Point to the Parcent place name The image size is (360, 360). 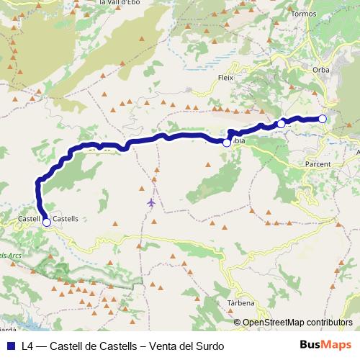pyautogui.click(x=317, y=164)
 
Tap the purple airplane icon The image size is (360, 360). pyautogui.click(x=150, y=202)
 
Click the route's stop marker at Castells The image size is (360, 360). pyautogui.click(x=47, y=222)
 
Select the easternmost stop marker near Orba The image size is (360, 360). pyautogui.click(x=323, y=119)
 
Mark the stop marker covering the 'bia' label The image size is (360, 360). pyautogui.click(x=227, y=143)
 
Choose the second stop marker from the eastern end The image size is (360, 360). pyautogui.click(x=281, y=125)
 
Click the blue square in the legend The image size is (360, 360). pyautogui.click(x=11, y=346)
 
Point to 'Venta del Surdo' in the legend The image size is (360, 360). pyautogui.click(x=186, y=346)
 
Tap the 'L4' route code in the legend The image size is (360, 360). pyautogui.click(x=28, y=346)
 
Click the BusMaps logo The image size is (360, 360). pyautogui.click(x=325, y=346)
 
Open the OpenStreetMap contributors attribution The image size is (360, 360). pyautogui.click(x=297, y=323)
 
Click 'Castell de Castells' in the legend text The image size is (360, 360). pyautogui.click(x=98, y=346)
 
